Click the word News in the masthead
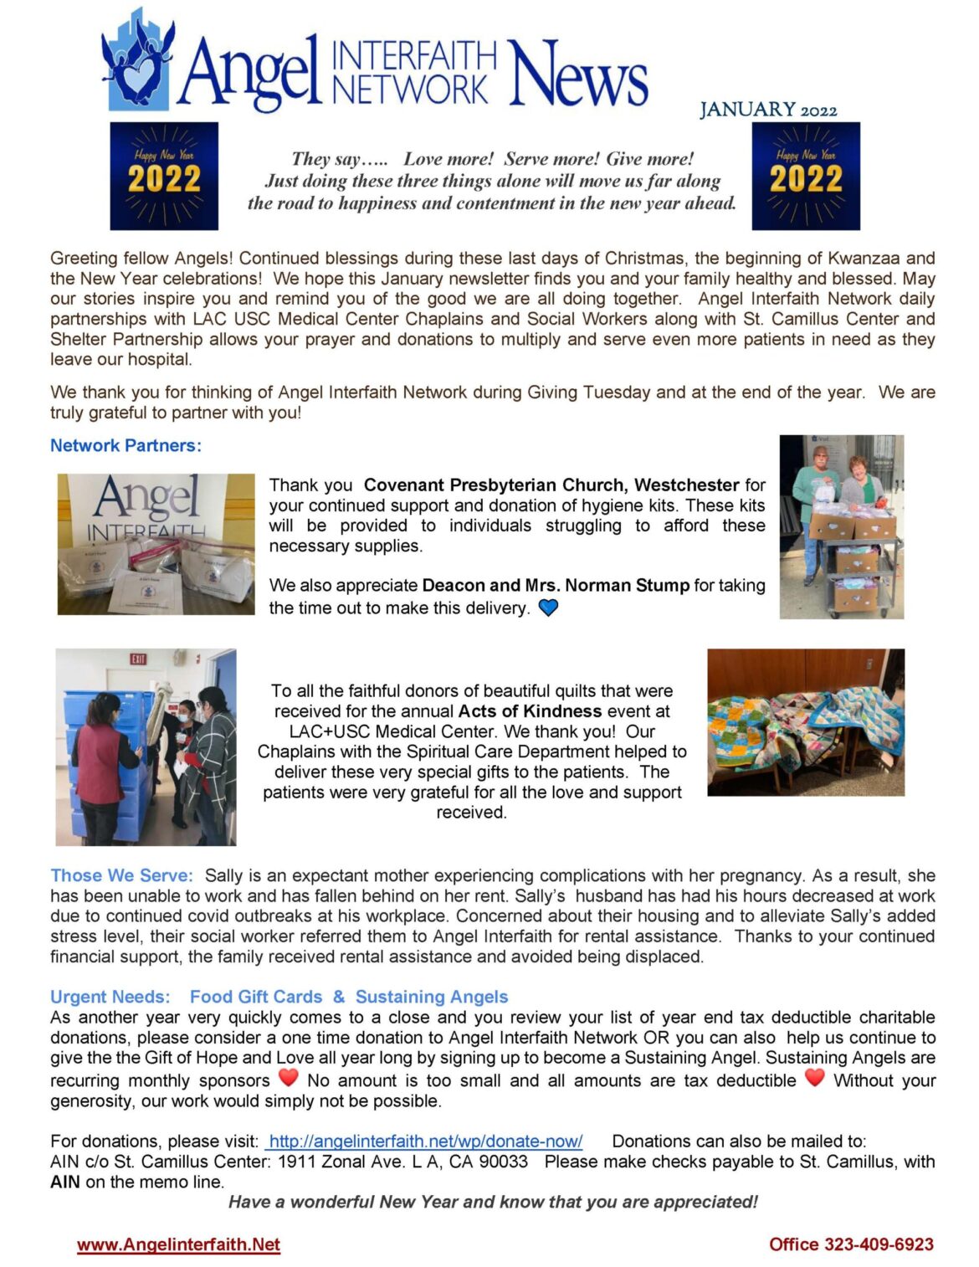[x=577, y=74]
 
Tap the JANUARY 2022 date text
[x=767, y=110]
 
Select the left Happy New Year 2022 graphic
[x=164, y=176]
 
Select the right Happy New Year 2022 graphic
[x=805, y=176]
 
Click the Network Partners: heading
[x=126, y=445]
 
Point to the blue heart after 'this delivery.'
[x=548, y=608]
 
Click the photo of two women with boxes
[x=841, y=526]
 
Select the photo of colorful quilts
[x=805, y=721]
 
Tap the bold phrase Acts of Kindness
[x=530, y=711]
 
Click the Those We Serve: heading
[x=121, y=875]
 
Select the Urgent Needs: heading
[x=110, y=997]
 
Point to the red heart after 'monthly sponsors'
[x=288, y=1078]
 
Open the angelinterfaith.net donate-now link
[x=425, y=1141]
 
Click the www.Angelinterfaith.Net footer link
[x=178, y=1244]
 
